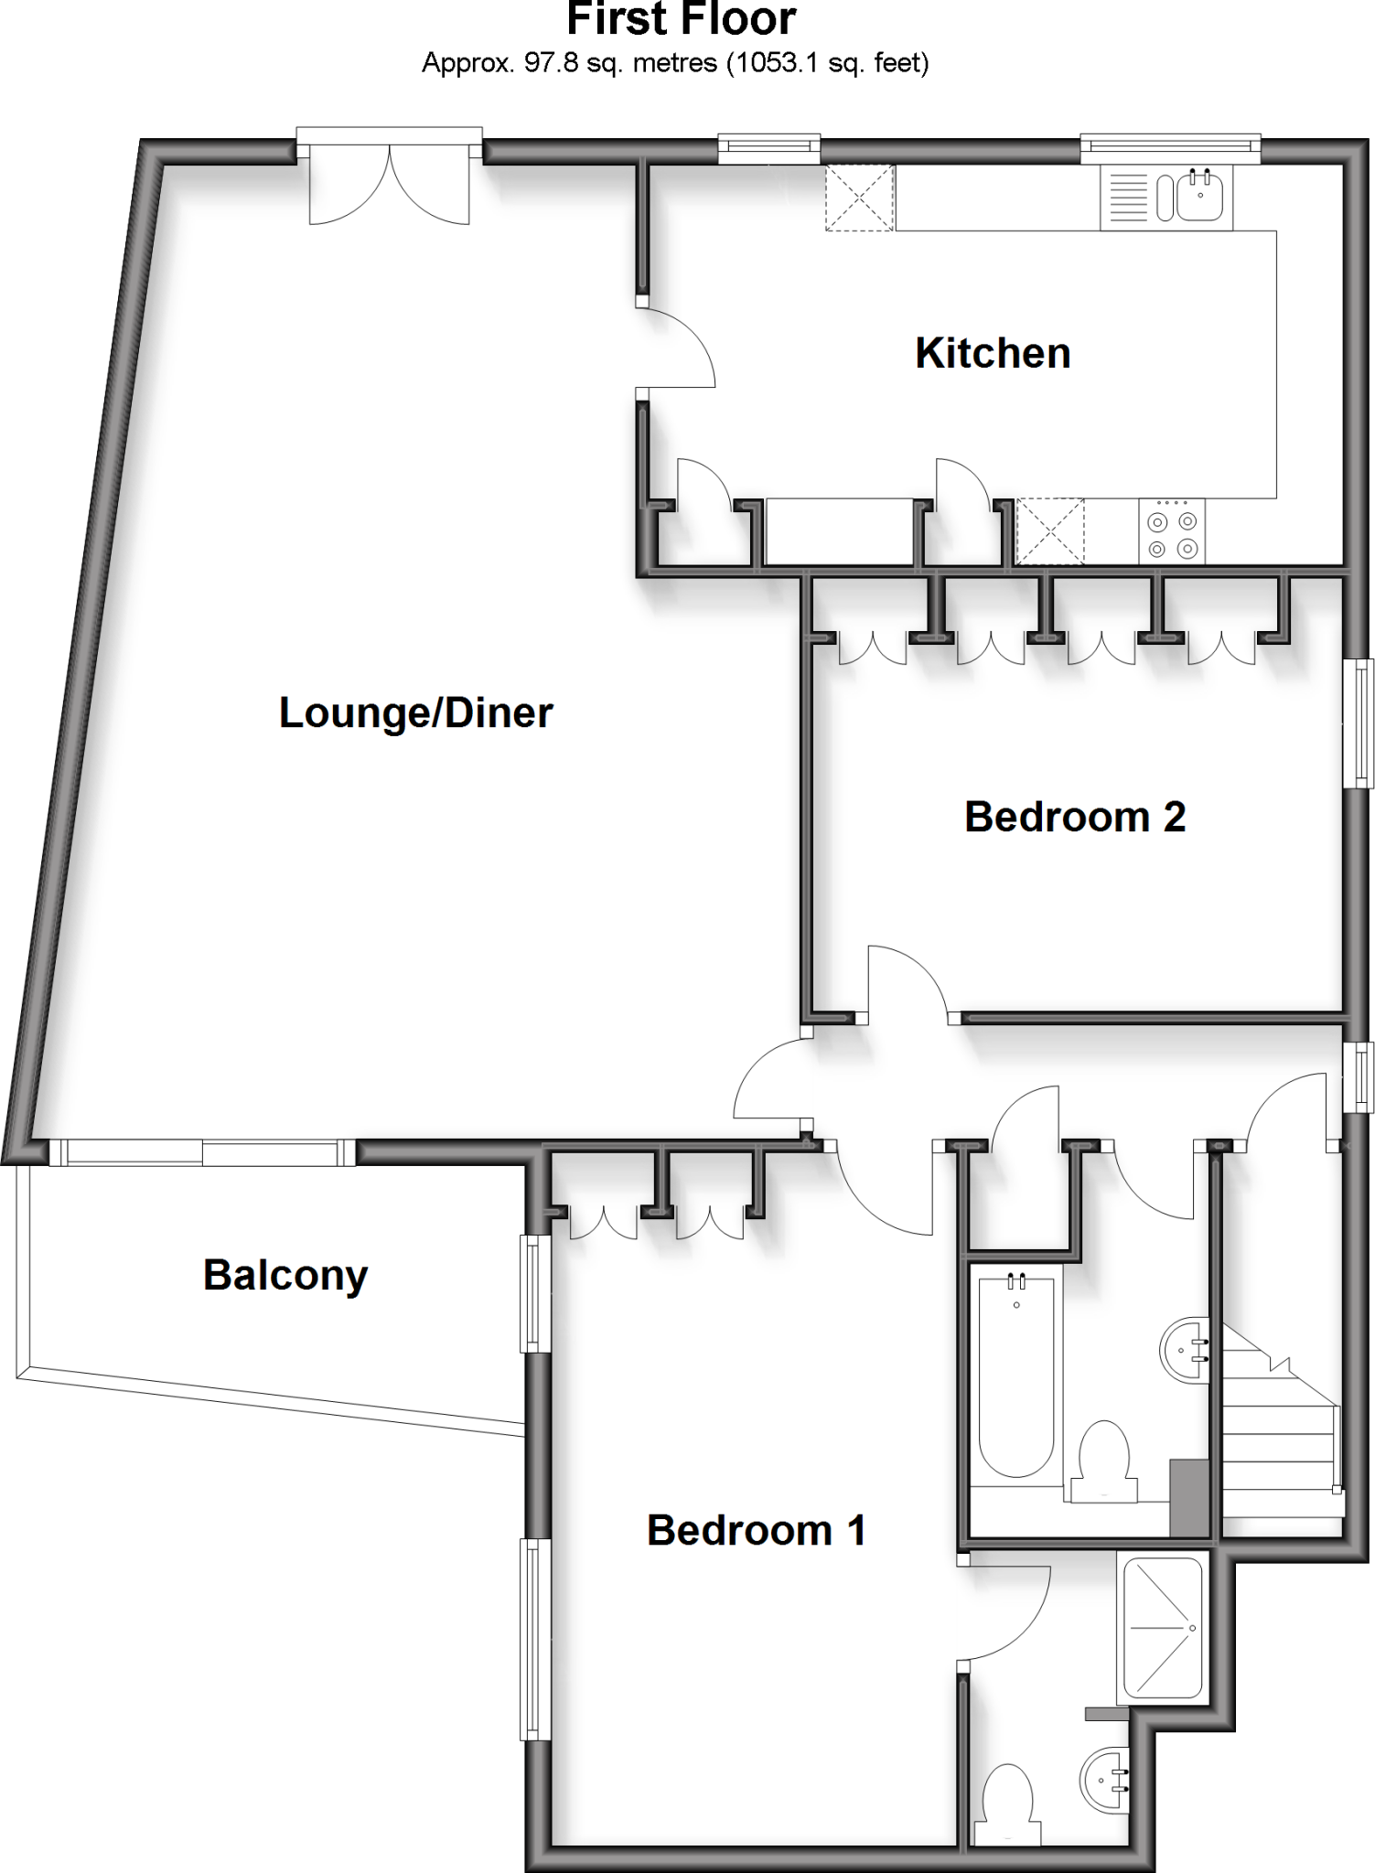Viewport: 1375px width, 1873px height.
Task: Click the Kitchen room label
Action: tap(993, 354)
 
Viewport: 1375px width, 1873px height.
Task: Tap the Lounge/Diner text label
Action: tap(415, 713)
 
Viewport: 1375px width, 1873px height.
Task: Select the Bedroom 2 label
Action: tap(1075, 817)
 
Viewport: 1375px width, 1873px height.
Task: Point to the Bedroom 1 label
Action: tap(756, 1531)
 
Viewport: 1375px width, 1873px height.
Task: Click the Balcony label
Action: tap(285, 1275)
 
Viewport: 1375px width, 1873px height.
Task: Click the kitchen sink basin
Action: tap(1199, 197)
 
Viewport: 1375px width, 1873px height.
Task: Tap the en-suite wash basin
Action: tap(1106, 1779)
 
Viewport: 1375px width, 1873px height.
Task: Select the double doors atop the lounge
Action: tap(390, 187)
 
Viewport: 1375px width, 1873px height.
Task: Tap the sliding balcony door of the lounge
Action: tap(202, 1152)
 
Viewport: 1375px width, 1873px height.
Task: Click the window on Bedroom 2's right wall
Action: tap(1363, 722)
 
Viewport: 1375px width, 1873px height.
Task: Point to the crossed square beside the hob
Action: tap(1050, 530)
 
